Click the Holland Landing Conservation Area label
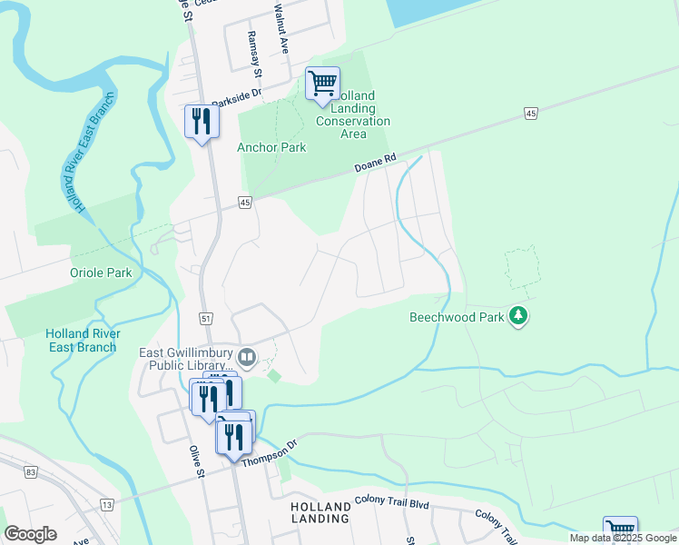pyautogui.click(x=353, y=114)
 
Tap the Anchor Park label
pyautogui.click(x=271, y=147)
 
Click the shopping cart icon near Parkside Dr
pyautogui.click(x=322, y=84)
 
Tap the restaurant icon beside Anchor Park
pyautogui.click(x=202, y=122)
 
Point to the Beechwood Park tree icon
pyautogui.click(x=518, y=316)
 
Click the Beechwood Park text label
pyautogui.click(x=457, y=318)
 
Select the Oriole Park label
pyautogui.click(x=101, y=272)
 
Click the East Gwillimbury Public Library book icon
pyautogui.click(x=246, y=355)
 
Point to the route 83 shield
pyautogui.click(x=32, y=472)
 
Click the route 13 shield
pyautogui.click(x=107, y=504)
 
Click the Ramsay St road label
pyautogui.click(x=255, y=54)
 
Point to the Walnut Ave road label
pyautogui.click(x=283, y=32)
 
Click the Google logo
pyautogui.click(x=30, y=534)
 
